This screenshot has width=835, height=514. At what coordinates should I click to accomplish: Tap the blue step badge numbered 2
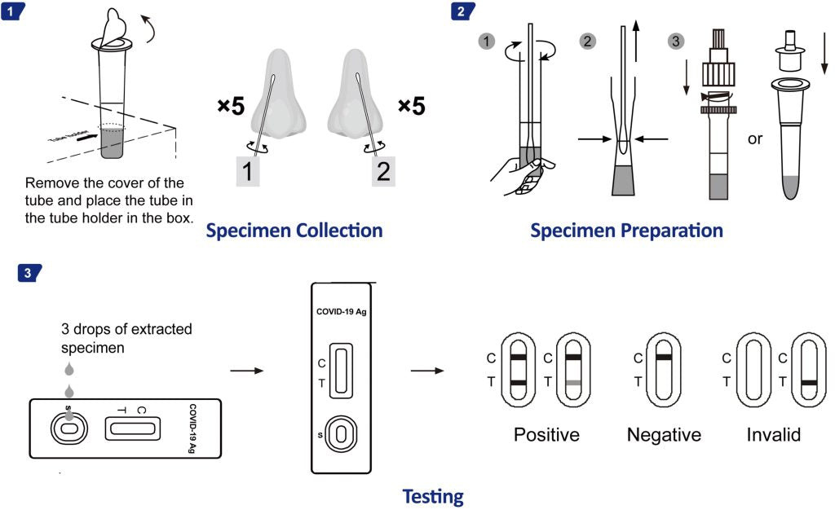pos(462,11)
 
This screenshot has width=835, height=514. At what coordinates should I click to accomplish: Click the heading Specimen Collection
pos(294,231)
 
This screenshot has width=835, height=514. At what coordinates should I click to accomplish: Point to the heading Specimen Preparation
pos(626,231)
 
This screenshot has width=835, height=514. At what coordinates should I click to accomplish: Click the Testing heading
pos(433,495)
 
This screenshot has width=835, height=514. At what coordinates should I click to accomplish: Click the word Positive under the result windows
pos(546,435)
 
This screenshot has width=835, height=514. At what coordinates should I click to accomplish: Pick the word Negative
pos(664,435)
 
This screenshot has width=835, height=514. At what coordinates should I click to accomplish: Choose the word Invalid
pos(773,435)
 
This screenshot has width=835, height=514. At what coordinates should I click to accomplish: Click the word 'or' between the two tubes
pos(755,138)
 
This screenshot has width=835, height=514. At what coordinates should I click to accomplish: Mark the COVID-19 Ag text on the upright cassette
pos(341,310)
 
